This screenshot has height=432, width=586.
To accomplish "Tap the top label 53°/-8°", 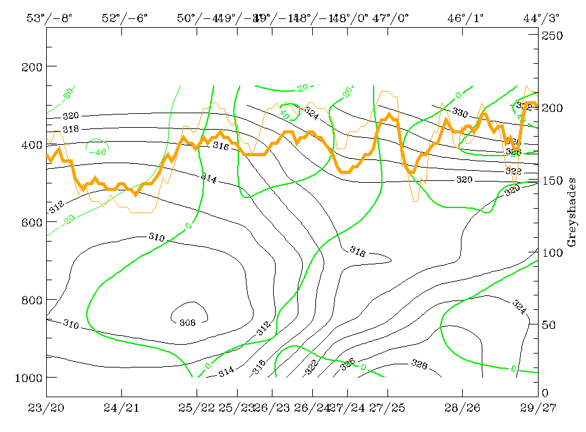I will click(49, 18).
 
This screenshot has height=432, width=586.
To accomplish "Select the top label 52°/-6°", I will click(125, 18).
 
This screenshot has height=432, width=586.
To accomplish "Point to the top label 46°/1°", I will click(465, 18).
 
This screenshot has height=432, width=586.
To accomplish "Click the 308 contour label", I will click(188, 322).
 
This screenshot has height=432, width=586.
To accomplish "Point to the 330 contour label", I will click(460, 112).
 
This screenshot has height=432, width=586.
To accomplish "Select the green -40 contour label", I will click(97, 152).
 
